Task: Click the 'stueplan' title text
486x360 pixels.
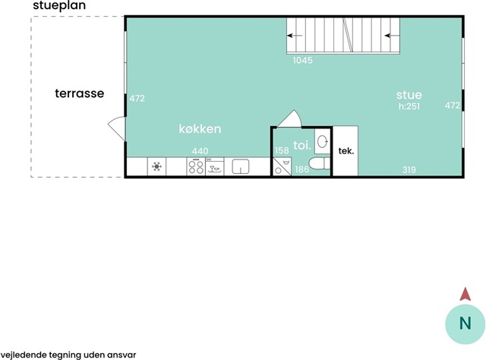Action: pos(59,6)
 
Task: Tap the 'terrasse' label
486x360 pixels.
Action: pos(80,93)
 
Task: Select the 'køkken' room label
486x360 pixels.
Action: pos(200,128)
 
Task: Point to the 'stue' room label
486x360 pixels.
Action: pos(409,95)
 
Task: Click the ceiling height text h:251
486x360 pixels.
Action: pos(409,106)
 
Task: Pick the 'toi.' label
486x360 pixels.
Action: pos(302,145)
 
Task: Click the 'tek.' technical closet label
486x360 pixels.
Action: pos(346,151)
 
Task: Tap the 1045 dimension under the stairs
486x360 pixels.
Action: pos(303,60)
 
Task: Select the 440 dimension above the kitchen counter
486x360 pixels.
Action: pos(200,151)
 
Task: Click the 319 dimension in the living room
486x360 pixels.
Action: pos(409,169)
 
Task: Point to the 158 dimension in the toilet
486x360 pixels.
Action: pos(282,150)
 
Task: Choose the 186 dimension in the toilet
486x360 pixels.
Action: pos(302,169)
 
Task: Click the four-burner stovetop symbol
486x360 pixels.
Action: pos(196,167)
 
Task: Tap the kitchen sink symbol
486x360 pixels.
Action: pos(241,166)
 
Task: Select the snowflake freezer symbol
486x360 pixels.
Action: pos(157,166)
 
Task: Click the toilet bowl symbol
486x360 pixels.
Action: pos(320,163)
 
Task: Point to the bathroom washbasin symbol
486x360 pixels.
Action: pos(323,142)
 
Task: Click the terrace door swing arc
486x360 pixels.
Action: pos(112,120)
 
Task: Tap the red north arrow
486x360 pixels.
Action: pos(465,294)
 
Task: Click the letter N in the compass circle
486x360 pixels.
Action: pos(465,324)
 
